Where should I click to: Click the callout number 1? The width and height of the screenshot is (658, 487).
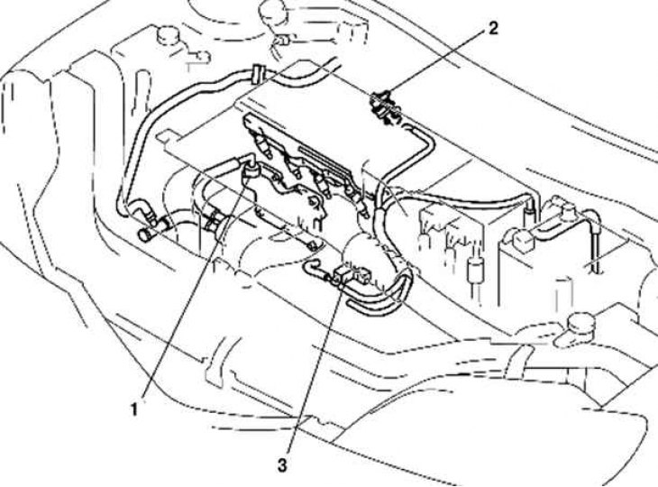coord(134,409)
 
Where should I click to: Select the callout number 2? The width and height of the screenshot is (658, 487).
coord(492,29)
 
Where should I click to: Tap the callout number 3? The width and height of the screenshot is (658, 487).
coord(282,465)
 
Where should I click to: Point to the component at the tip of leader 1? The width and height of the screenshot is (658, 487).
coord(251,171)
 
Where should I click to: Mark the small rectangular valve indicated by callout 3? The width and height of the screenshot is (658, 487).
coord(344,275)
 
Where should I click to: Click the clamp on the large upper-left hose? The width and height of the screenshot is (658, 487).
coord(259,75)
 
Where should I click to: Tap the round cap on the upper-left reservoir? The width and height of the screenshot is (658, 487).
coord(168,35)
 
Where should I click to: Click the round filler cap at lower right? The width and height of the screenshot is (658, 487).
coord(581,321)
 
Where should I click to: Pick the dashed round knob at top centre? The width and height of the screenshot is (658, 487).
coord(274,12)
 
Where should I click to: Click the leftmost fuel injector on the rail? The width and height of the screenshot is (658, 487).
coord(263,146)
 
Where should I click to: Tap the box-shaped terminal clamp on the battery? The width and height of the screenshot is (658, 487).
coord(522,240)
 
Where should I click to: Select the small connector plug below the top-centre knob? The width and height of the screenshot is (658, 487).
coord(280,41)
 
